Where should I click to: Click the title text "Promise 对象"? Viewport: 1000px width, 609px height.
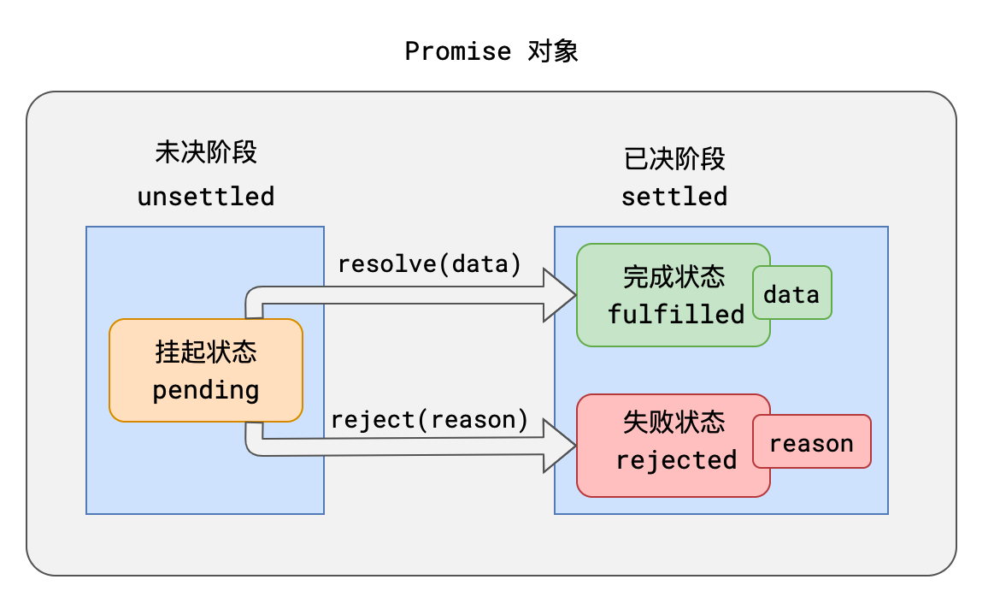(491, 51)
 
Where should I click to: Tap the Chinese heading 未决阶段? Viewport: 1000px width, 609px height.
(206, 152)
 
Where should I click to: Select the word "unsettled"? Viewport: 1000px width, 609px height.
(206, 197)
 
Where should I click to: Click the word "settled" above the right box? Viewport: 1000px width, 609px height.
(674, 197)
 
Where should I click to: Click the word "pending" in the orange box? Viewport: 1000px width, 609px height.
(206, 391)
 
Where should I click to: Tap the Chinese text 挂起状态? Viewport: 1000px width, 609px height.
(206, 352)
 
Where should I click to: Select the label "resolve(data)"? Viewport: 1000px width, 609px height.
(430, 264)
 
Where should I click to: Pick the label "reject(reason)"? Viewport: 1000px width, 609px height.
(430, 420)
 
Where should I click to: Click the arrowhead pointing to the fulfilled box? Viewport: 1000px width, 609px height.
(561, 295)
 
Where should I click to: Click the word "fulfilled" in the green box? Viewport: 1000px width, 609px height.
(676, 314)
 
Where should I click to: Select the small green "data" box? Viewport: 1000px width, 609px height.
(792, 294)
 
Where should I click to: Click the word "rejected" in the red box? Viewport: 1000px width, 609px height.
(676, 460)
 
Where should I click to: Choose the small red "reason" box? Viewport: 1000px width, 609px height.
(811, 443)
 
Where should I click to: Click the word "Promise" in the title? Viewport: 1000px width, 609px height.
(457, 51)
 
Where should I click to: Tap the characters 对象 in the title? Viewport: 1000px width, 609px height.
(553, 51)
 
